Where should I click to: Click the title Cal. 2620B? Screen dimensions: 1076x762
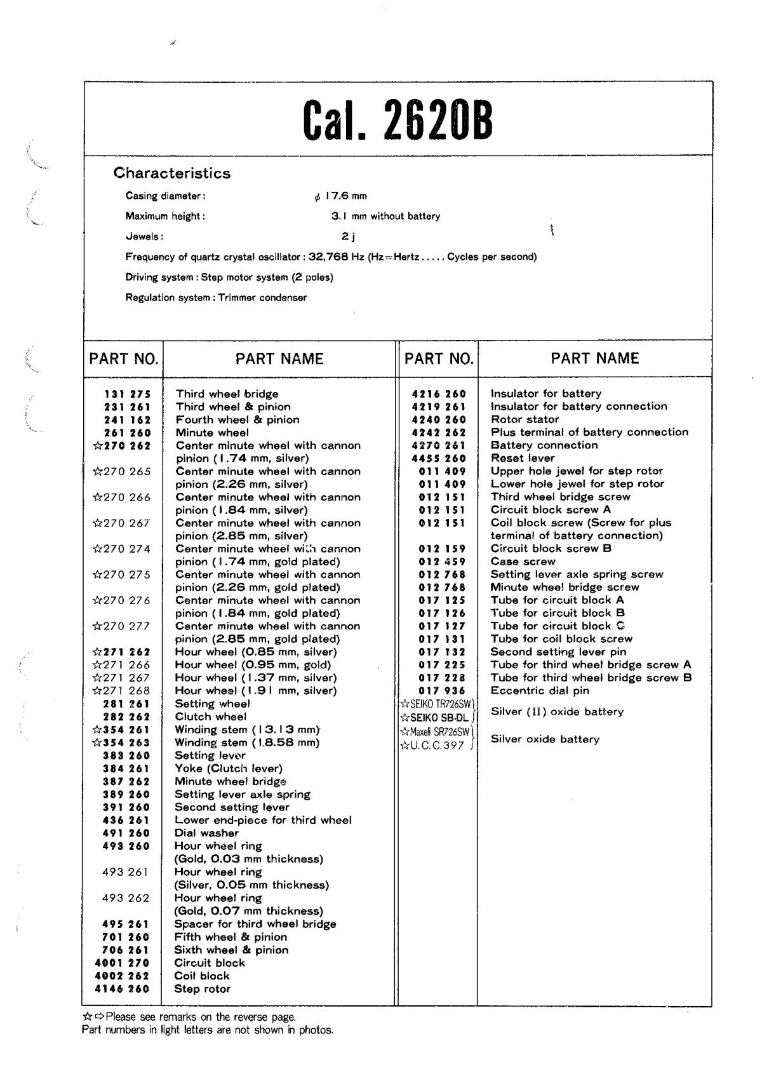pos(398,121)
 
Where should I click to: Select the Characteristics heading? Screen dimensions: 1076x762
pos(171,173)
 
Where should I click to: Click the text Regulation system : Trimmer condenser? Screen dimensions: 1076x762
pos(216,297)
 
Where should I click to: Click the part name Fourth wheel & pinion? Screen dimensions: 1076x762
pos(237,419)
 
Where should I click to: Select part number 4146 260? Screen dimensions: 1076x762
pos(122,989)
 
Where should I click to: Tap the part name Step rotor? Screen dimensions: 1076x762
pos(203,989)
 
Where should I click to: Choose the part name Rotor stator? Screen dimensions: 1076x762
pos(525,419)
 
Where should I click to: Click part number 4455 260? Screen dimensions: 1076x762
pos(439,458)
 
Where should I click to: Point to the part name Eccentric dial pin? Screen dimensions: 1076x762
pos(540,690)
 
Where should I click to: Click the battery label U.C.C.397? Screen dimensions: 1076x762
pos(437,746)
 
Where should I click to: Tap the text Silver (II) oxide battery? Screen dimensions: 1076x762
pos(557,711)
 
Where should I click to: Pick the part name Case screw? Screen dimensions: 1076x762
pos(523,562)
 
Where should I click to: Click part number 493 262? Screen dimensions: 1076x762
pos(125,898)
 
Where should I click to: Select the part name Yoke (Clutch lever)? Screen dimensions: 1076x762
pos(229,769)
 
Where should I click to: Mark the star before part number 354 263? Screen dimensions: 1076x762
pos(97,743)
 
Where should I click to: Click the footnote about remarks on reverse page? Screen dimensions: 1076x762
pos(189,1016)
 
